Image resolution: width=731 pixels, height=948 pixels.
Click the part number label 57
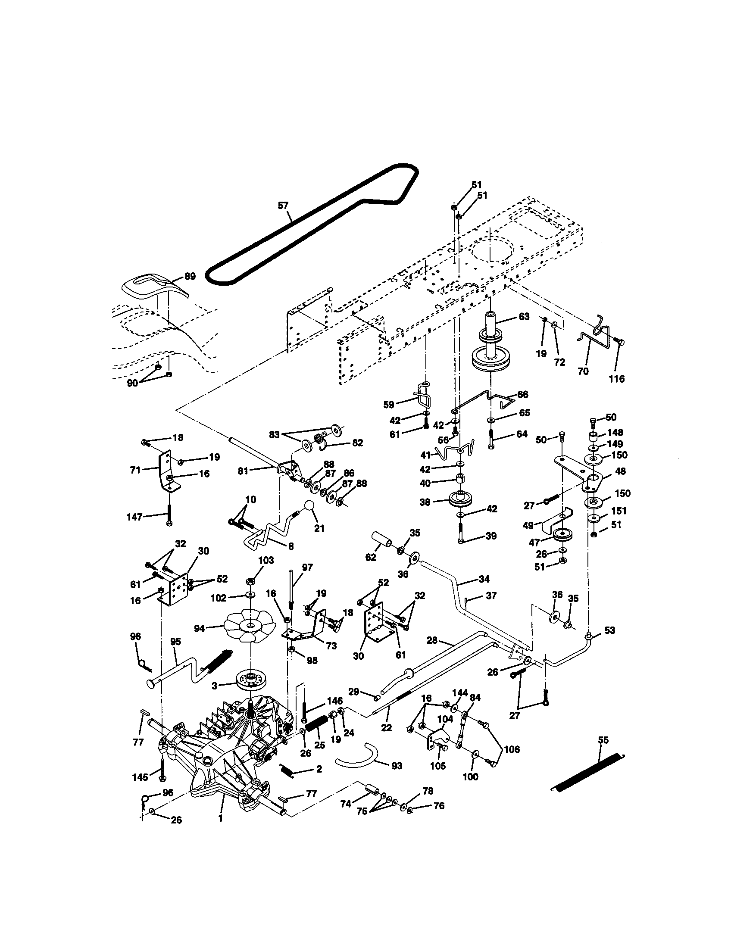[x=283, y=205]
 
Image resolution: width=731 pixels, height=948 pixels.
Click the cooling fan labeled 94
[x=250, y=625]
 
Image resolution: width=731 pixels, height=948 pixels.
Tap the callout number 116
[x=616, y=379]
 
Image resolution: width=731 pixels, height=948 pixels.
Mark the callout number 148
[x=615, y=433]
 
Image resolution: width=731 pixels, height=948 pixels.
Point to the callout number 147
[x=134, y=517]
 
